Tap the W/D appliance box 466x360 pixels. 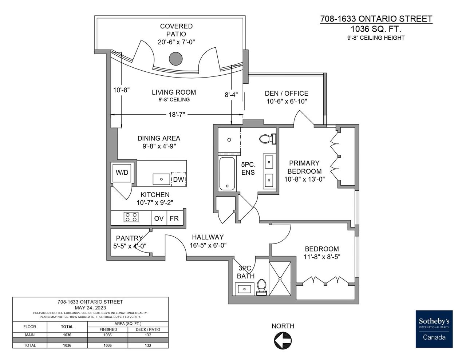pos(122,173)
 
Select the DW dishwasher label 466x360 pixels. pos(178,179)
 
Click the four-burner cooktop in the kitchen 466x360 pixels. pos(131,217)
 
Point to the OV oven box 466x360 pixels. pos(159,218)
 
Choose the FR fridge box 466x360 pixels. pos(174,218)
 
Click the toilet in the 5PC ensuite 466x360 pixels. pos(269,139)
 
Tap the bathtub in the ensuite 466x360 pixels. pos(228,174)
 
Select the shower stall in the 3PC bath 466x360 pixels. pos(280,278)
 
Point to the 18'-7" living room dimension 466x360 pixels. pos(177,114)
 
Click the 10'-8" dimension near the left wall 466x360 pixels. pos(121,89)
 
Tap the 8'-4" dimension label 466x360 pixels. pos(231,95)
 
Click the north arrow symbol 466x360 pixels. pos(283,341)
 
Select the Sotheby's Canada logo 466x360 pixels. pos(434,329)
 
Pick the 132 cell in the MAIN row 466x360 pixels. pos(148,335)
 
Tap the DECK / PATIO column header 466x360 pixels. pos(148,329)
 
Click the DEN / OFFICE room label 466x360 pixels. pos(287,94)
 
